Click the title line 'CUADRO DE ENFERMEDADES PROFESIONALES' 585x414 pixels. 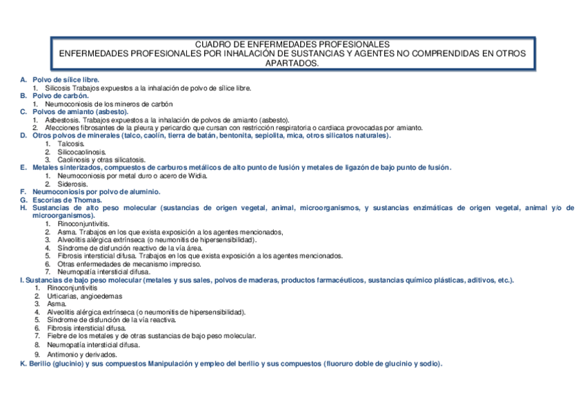click(292, 44)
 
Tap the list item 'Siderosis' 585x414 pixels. click(72, 184)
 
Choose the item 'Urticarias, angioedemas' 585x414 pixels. click(80, 296)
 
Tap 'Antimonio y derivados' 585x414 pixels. click(82, 354)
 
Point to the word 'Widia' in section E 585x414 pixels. click(197, 176)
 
